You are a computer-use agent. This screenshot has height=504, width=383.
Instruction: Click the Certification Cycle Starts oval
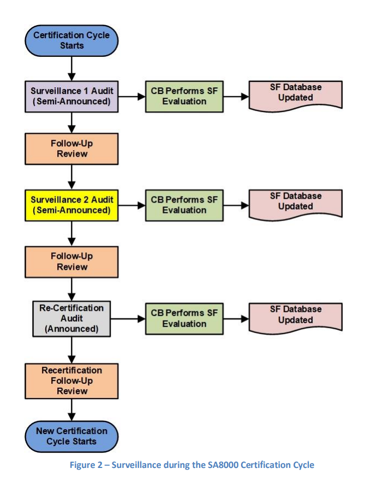click(71, 40)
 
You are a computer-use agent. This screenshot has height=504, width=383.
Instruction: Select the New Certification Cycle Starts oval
click(71, 436)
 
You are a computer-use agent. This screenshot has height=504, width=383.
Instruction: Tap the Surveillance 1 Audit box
click(71, 97)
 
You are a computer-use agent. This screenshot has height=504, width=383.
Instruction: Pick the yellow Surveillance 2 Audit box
click(71, 205)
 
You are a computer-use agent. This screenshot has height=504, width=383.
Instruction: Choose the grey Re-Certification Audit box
click(71, 318)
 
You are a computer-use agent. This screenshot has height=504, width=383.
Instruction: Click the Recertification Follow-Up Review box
click(71, 381)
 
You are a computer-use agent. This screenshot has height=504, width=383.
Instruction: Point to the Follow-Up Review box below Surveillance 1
click(71, 149)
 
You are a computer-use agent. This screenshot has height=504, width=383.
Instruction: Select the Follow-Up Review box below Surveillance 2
click(71, 262)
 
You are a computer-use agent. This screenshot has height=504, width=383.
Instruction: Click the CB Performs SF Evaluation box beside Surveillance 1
click(184, 97)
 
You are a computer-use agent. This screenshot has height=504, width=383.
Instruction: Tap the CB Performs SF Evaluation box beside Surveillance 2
click(184, 205)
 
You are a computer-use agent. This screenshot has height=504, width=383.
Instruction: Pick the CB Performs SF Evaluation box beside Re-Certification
click(184, 318)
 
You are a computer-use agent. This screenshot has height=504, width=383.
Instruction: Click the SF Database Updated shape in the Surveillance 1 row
click(295, 94)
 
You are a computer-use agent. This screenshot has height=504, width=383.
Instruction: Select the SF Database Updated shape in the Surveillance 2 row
click(295, 203)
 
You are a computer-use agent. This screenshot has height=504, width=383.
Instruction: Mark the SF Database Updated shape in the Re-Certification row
click(295, 316)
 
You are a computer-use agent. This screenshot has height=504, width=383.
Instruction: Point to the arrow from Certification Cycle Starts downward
click(71, 68)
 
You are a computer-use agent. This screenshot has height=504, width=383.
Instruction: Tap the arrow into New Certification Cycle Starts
click(71, 410)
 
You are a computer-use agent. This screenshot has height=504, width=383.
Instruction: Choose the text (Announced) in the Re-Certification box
click(71, 329)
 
